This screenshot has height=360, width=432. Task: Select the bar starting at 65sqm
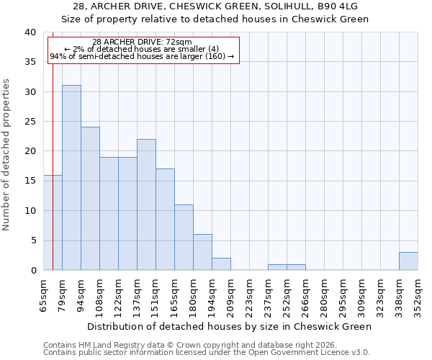click(53, 222)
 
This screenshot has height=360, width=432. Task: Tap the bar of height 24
click(90, 199)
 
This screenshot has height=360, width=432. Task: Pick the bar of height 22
click(146, 204)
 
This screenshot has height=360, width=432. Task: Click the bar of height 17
click(165, 220)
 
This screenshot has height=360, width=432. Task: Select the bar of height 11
click(184, 238)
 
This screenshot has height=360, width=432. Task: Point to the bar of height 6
click(202, 252)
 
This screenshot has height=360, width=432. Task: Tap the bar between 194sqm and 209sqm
click(221, 264)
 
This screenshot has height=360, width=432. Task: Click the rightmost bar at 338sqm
click(408, 261)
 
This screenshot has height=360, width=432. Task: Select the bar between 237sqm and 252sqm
click(277, 267)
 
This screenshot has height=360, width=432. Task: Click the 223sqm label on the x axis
click(249, 294)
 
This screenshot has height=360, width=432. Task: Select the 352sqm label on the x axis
click(418, 294)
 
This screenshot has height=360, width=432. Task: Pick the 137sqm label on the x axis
click(137, 294)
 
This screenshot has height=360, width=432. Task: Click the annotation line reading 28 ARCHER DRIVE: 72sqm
click(143, 42)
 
